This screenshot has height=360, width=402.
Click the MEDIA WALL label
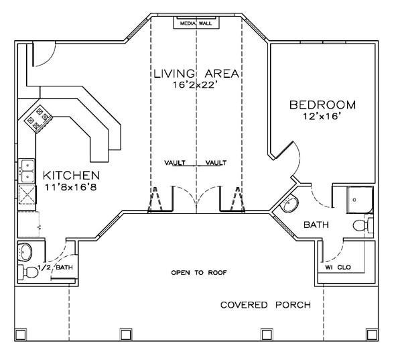pos(196,23)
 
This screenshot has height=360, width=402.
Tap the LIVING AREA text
pos(196,74)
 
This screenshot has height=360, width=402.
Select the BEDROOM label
pos(322,105)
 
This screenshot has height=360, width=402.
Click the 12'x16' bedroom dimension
pos(322,116)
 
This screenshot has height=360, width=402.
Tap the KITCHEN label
pos(71,176)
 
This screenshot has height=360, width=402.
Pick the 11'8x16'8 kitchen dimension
pos(71,187)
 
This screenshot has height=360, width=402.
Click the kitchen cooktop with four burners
pos(38,119)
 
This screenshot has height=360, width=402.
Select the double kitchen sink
pos(26,171)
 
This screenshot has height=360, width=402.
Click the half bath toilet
pos(27,272)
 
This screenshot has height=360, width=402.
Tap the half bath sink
pos(25,251)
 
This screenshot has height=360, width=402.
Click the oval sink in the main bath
pos(290,204)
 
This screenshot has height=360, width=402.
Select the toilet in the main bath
pos(362,226)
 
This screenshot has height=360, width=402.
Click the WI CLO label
pos(338,267)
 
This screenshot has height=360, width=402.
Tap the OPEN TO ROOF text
pos(199,272)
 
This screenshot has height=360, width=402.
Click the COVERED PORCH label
pos(265,305)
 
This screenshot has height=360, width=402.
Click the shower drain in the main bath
pos(354,200)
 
